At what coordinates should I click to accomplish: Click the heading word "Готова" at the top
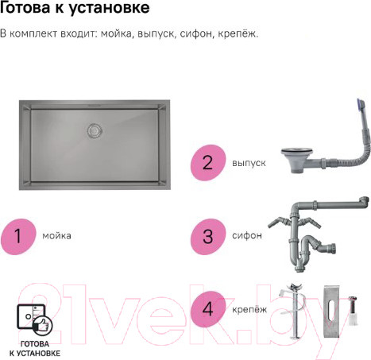26,10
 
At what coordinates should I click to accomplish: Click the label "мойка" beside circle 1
56,236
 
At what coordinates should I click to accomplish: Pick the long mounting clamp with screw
296,315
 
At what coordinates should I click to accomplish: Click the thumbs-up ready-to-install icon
33,322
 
